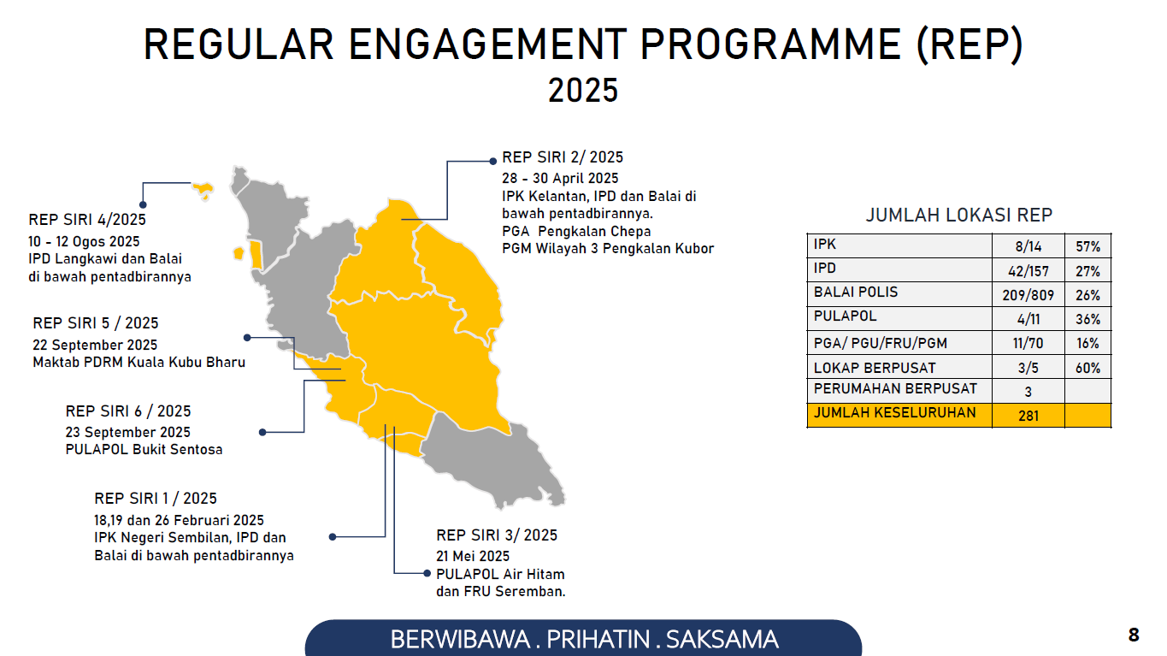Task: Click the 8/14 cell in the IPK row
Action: click(x=1028, y=246)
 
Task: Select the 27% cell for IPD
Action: click(x=1087, y=271)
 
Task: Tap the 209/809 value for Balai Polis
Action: click(x=1028, y=295)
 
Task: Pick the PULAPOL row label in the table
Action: click(x=845, y=316)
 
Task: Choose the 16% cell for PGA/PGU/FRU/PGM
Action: click(x=1087, y=343)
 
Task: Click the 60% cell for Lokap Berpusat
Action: click(x=1087, y=368)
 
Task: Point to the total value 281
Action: click(x=1028, y=416)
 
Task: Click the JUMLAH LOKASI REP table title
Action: click(x=959, y=216)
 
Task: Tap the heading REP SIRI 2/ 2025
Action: click(x=563, y=157)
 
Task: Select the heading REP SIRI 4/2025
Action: click(x=87, y=219)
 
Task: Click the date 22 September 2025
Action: click(x=95, y=345)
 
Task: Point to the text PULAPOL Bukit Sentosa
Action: click(x=144, y=449)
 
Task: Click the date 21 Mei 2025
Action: click(x=473, y=556)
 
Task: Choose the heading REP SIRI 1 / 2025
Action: click(x=156, y=498)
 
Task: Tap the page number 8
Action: click(x=1134, y=635)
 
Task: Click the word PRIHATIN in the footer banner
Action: click(x=598, y=640)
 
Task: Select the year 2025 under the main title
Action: click(x=583, y=90)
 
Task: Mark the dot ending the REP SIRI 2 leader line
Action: click(x=492, y=162)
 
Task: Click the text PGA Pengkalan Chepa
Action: click(x=576, y=231)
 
